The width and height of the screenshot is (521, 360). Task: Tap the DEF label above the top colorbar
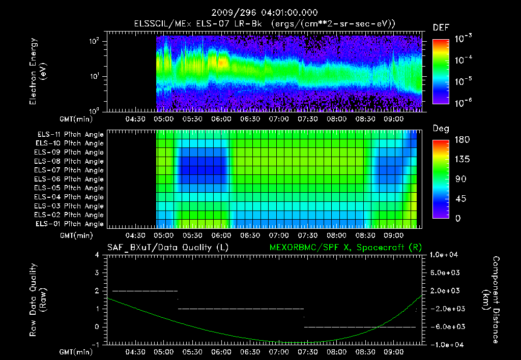pos(441,28)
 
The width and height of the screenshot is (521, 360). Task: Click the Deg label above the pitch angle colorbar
pos(441,129)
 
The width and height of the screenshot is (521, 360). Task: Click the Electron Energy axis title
pos(37,73)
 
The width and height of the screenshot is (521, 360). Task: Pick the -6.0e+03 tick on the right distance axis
pos(445,326)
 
